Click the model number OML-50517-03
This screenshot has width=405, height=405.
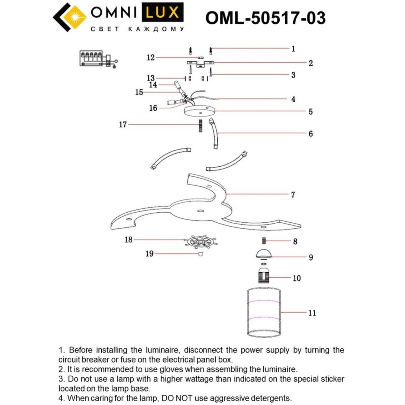(x=265, y=18)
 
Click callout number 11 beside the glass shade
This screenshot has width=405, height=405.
(x=312, y=313)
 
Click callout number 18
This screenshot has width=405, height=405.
(x=129, y=240)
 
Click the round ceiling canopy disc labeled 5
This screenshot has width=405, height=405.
(x=199, y=111)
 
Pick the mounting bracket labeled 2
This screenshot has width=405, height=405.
(x=200, y=64)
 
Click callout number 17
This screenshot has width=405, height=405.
(x=123, y=125)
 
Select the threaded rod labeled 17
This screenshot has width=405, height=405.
(x=200, y=126)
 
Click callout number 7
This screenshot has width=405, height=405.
(x=293, y=195)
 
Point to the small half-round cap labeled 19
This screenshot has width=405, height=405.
(x=200, y=254)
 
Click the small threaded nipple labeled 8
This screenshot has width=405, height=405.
(x=264, y=241)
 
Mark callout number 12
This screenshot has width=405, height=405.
(x=151, y=58)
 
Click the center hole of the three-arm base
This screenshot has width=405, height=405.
(x=200, y=211)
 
